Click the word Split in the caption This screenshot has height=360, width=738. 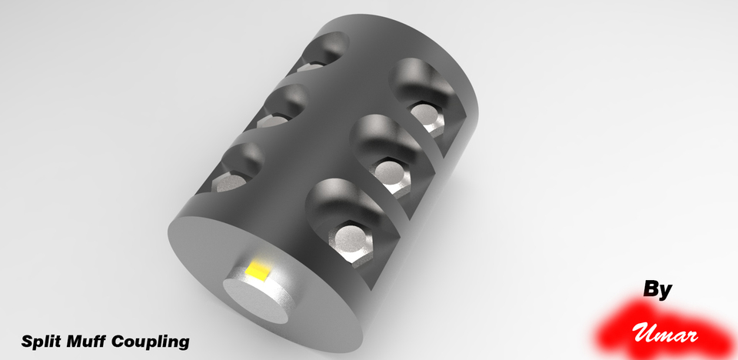(x=42, y=340)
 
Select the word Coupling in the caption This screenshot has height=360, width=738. (x=150, y=341)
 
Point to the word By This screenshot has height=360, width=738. (x=657, y=290)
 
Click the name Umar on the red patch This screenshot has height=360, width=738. (x=666, y=335)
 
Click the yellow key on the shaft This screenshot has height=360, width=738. (x=258, y=270)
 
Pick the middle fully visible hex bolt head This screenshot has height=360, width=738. (x=390, y=173)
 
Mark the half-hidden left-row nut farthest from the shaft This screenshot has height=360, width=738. (x=311, y=67)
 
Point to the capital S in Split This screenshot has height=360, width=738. (x=27, y=340)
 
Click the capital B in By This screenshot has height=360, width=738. (x=651, y=290)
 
